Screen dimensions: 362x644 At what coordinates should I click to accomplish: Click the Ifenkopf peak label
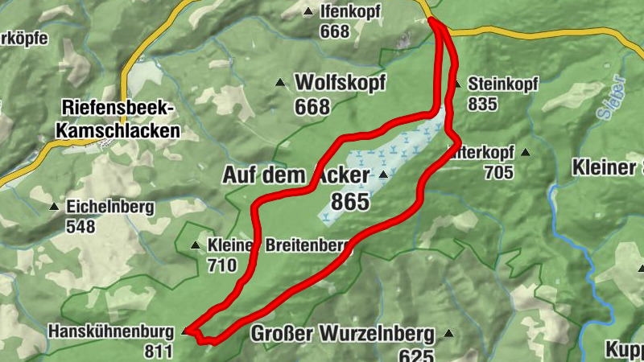(x=351, y=12)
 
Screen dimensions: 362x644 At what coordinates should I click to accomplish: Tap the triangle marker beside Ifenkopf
(x=308, y=12)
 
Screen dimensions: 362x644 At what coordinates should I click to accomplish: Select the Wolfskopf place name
(x=341, y=82)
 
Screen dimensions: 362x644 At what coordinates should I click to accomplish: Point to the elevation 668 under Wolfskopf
(x=312, y=106)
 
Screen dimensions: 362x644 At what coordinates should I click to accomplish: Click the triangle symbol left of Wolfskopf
(x=280, y=83)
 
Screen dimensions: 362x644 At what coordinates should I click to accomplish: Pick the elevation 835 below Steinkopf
(x=482, y=103)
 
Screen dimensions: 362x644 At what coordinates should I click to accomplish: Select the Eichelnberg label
(x=110, y=207)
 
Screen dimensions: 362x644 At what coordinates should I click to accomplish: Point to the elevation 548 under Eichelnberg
(x=81, y=226)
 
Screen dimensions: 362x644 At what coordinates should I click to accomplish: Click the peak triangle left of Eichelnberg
(x=54, y=207)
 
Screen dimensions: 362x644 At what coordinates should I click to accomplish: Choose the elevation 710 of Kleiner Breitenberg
(x=222, y=265)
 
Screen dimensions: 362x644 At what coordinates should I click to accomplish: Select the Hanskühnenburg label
(x=111, y=331)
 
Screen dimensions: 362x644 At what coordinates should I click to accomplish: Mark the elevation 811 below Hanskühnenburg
(x=159, y=351)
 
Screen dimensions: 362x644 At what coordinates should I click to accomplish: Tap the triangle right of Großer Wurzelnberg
(x=448, y=333)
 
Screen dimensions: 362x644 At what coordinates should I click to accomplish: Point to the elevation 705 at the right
(x=499, y=171)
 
